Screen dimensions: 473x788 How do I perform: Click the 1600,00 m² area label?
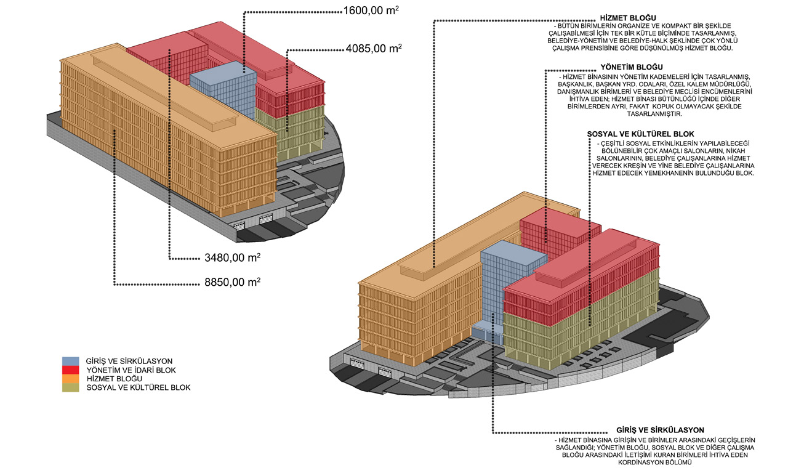point(371,10)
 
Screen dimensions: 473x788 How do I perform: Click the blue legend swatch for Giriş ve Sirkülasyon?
point(70,361)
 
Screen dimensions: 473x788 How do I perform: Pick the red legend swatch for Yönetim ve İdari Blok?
point(70,370)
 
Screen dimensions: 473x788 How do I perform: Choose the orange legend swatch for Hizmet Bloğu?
point(70,378)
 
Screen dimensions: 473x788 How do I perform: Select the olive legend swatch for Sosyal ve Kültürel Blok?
point(70,387)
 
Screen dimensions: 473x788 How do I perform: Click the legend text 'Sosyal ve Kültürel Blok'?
point(139,387)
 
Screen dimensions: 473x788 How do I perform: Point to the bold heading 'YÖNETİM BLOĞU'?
point(627,67)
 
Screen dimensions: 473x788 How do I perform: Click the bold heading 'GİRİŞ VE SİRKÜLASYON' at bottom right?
point(660,430)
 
